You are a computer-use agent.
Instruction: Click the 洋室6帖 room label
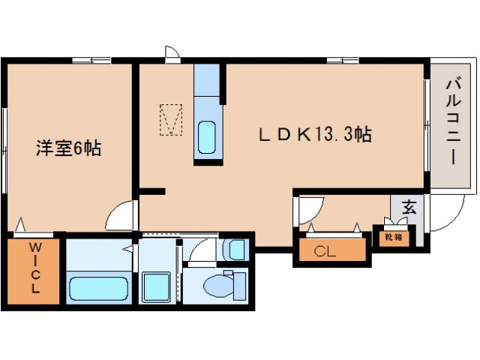[68, 148]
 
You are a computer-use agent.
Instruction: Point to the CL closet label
[325, 251]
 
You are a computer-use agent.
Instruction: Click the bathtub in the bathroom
[97, 288]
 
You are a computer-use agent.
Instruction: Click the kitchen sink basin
[206, 137]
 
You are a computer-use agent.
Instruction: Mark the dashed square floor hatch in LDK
[172, 119]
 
